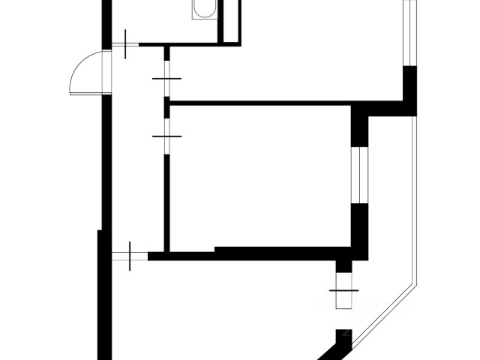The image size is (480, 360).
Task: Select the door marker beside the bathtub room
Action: click(x=126, y=46)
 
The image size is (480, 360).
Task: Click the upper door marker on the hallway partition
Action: click(x=166, y=79)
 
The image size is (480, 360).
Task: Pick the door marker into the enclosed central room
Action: click(x=166, y=136)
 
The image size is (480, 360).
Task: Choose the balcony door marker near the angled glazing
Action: click(x=344, y=289)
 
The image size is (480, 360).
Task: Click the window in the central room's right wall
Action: click(x=360, y=172)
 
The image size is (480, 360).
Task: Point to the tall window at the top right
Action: click(x=409, y=34)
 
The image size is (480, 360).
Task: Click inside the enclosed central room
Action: click(x=259, y=176)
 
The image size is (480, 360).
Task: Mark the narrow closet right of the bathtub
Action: click(x=229, y=19)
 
